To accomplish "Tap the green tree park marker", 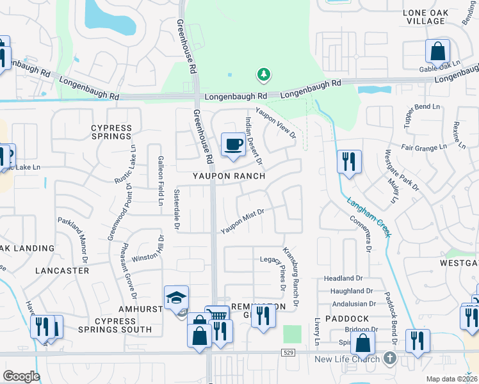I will tap(263, 75).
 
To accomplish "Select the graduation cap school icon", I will tap(177, 298).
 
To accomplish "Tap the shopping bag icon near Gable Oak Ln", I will tap(437, 51).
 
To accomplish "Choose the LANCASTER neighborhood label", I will tap(63, 271).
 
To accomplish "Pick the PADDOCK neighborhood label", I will tap(346, 318).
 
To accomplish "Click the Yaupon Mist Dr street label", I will tap(243, 220).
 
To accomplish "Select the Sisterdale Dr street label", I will tap(177, 209).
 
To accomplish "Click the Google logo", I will tap(21, 376).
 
